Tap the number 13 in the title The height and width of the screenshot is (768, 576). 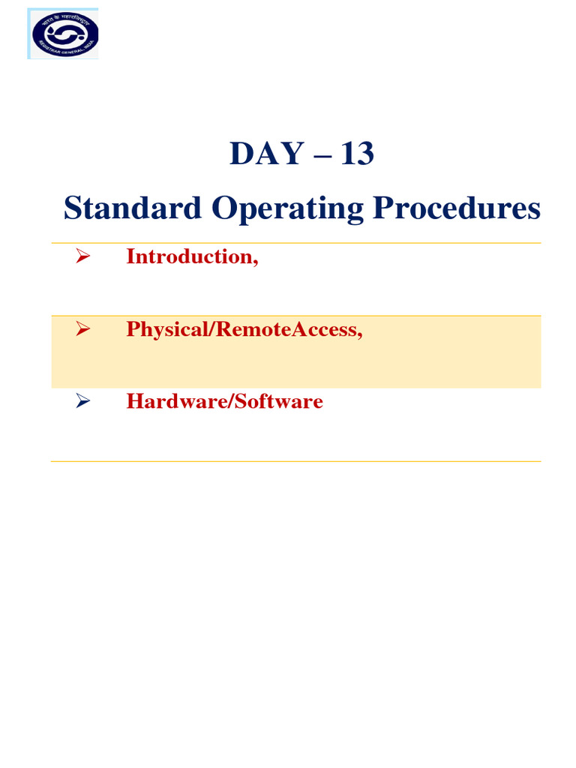point(357,154)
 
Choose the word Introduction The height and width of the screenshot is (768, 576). point(190,256)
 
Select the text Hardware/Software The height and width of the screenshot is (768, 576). point(224,401)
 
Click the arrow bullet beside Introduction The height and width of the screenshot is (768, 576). point(82,256)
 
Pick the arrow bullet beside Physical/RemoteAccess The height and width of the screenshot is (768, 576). point(82,329)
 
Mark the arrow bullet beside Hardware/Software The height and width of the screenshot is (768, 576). point(82,401)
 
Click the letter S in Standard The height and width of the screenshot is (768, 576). point(72,208)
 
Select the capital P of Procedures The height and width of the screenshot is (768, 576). point(375,208)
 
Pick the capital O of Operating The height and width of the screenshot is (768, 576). point(222,208)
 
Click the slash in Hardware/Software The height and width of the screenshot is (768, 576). point(232,401)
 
